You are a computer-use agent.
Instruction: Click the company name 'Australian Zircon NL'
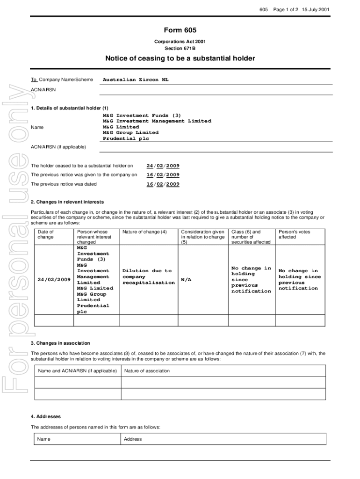click(136, 80)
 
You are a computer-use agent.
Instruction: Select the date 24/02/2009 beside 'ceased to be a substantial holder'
click(163, 166)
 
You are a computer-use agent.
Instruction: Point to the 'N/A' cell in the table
click(186, 280)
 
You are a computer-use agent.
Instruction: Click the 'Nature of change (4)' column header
click(144, 232)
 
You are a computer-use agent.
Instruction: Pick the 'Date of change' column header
click(46, 234)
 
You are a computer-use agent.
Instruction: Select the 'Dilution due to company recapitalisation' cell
click(148, 276)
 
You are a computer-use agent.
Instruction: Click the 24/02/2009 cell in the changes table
click(54, 280)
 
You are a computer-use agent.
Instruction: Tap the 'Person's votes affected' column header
click(294, 234)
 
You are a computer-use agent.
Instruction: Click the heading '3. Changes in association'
click(60, 343)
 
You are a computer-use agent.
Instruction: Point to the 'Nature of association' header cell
click(147, 371)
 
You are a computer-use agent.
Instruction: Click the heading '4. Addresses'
click(46, 416)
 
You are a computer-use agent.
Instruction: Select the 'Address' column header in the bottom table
click(133, 439)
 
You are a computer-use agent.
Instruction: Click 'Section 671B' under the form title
click(180, 48)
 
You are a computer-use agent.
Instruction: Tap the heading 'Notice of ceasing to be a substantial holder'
click(180, 58)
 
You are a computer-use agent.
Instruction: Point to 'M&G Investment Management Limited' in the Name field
click(157, 121)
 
